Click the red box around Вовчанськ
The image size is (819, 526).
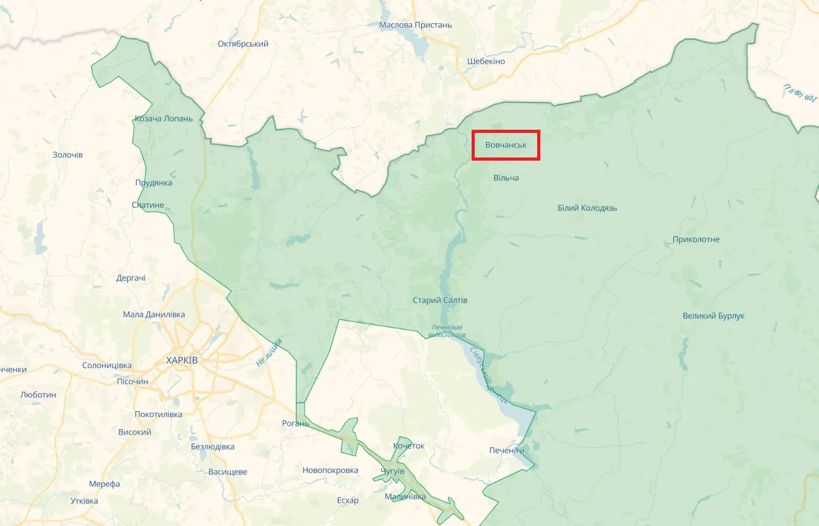click(x=506, y=146)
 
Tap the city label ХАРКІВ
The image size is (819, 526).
click(x=182, y=360)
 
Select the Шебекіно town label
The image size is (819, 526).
click(x=486, y=61)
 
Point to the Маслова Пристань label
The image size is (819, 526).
click(x=415, y=25)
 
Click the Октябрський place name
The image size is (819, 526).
click(x=243, y=44)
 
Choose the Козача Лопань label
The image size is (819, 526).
click(x=164, y=118)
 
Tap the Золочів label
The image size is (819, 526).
click(x=67, y=155)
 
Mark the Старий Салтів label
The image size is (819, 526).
click(x=440, y=300)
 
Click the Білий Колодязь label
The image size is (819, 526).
click(x=587, y=208)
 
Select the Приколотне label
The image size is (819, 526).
click(x=696, y=239)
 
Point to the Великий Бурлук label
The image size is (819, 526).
click(x=713, y=316)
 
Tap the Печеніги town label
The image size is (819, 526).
click(x=507, y=450)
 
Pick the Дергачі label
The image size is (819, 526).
click(x=131, y=278)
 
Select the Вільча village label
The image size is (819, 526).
click(x=506, y=178)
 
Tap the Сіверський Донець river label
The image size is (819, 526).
click(x=489, y=375)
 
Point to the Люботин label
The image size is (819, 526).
click(x=38, y=394)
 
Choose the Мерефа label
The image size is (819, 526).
click(x=104, y=484)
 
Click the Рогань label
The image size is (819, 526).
click(x=296, y=423)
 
